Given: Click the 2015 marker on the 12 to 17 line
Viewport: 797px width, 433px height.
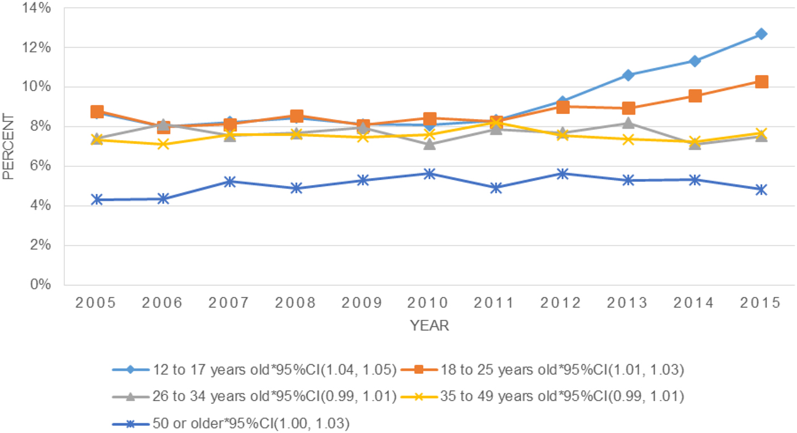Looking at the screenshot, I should pyautogui.click(x=761, y=34).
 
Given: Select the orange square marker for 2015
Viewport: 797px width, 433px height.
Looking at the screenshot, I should pyautogui.click(x=761, y=81).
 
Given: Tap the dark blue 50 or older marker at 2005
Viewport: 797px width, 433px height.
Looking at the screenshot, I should pyautogui.click(x=97, y=199).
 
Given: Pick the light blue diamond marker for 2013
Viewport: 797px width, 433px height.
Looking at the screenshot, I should pyautogui.click(x=628, y=75).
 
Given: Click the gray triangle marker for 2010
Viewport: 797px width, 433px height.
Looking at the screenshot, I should pyautogui.click(x=429, y=144).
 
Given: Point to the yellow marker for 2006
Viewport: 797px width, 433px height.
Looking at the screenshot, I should pyautogui.click(x=163, y=144).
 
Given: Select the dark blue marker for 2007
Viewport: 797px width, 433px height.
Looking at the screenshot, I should pyautogui.click(x=230, y=182).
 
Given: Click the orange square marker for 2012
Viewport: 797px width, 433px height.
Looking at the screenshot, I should pyautogui.click(x=562, y=107).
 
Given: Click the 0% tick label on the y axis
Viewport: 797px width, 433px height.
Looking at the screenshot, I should pyautogui.click(x=42, y=284).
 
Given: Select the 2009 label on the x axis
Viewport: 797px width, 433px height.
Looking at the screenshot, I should pyautogui.click(x=363, y=303).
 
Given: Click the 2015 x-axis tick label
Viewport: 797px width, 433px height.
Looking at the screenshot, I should pyautogui.click(x=761, y=303).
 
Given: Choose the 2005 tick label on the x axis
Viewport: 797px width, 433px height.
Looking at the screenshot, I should pyautogui.click(x=97, y=303).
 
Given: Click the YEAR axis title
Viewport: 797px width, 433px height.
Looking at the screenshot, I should pyautogui.click(x=429, y=326).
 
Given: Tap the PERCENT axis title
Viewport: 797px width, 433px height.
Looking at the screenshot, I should pyautogui.click(x=8, y=146).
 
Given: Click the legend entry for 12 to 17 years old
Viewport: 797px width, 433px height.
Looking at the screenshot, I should pyautogui.click(x=253, y=370).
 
